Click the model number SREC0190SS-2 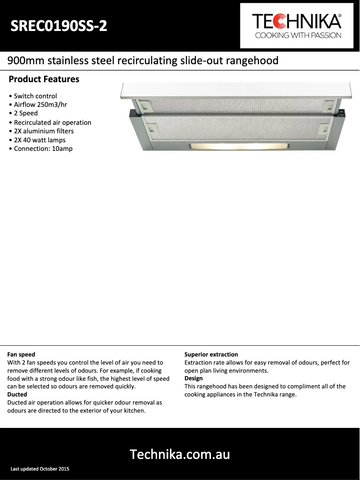[x=59, y=26]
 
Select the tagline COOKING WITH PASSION [x=298, y=35]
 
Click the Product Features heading [x=44, y=79]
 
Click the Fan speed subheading [x=21, y=355]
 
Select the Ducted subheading [x=17, y=395]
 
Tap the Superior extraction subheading [x=211, y=355]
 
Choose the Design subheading [x=193, y=379]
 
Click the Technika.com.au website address [x=180, y=454]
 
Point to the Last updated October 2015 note [x=40, y=469]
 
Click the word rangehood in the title [x=253, y=61]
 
